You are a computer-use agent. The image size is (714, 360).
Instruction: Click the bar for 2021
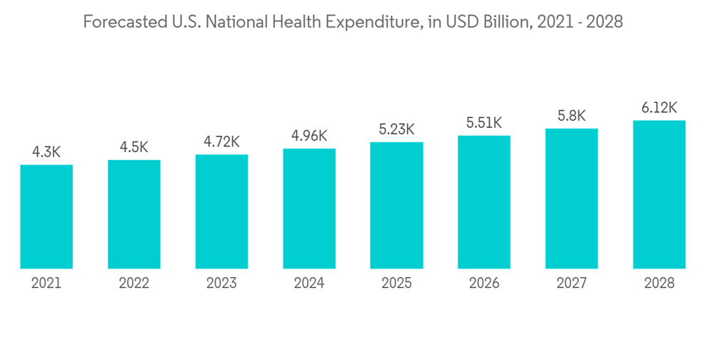click(46, 216)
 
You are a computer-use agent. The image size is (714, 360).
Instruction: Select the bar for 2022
click(134, 214)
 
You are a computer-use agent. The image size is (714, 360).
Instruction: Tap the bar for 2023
click(221, 211)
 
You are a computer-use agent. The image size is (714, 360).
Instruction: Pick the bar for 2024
click(309, 209)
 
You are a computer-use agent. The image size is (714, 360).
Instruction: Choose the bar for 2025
click(396, 205)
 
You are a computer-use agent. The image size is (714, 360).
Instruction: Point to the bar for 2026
click(484, 202)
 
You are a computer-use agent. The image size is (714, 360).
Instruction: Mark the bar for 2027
click(571, 199)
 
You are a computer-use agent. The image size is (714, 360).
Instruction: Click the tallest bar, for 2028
click(659, 194)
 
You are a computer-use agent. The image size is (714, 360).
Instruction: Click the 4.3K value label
click(46, 152)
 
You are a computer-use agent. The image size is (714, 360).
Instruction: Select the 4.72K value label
click(221, 141)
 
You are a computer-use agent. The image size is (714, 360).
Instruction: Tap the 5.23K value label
click(396, 129)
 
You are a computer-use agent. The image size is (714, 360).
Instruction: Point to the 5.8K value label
click(571, 116)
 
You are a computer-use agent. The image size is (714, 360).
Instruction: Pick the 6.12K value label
click(659, 108)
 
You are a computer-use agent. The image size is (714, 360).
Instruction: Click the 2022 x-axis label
click(134, 284)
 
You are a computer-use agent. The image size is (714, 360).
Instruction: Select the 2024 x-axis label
click(309, 284)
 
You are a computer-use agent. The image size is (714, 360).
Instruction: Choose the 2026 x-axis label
click(484, 284)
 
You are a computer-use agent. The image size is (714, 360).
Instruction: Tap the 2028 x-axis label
click(659, 284)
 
